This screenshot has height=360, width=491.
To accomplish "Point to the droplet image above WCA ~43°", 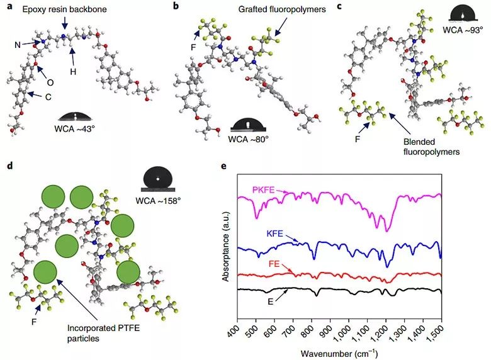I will [76, 117].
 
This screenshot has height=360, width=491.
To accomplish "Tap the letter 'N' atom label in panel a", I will [18, 44].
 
